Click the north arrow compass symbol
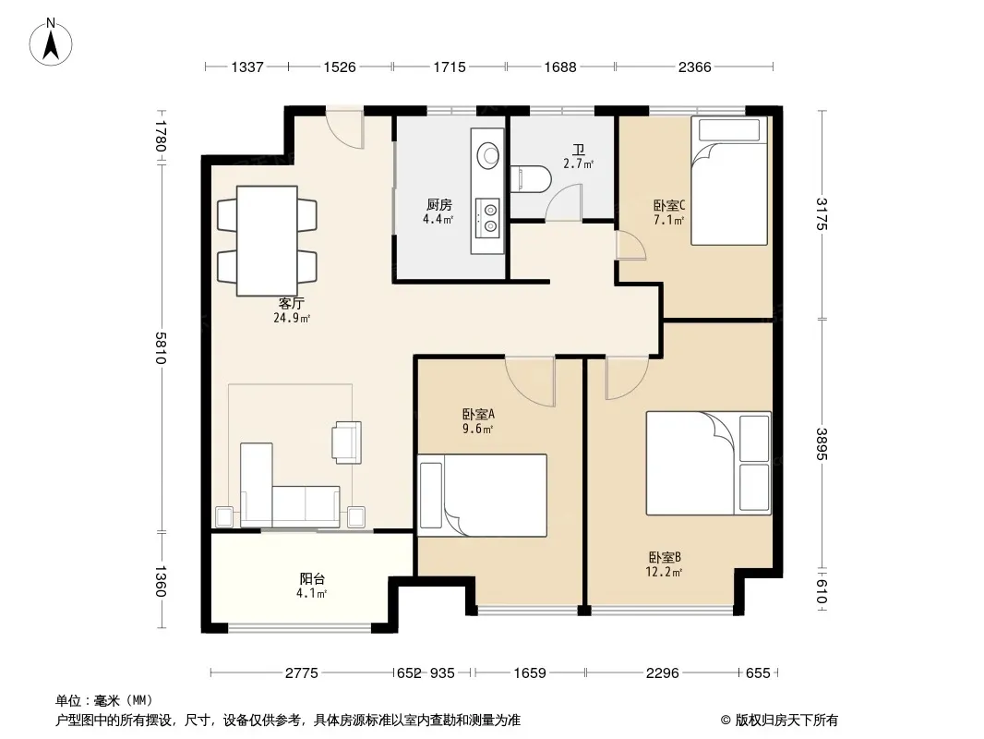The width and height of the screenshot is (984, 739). pyautogui.click(x=51, y=42)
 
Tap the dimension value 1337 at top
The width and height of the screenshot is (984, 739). pyautogui.click(x=247, y=67)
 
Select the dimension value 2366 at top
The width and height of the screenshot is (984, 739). pyautogui.click(x=695, y=67)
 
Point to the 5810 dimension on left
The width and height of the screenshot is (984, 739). pyautogui.click(x=161, y=348)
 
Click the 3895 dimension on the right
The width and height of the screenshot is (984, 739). pyautogui.click(x=822, y=443)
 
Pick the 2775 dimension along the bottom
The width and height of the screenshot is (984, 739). pyautogui.click(x=302, y=673)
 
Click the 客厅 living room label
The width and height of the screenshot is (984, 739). pyautogui.click(x=291, y=303)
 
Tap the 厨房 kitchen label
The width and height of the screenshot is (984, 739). pyautogui.click(x=439, y=205)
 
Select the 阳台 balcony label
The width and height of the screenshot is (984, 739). pyautogui.click(x=312, y=579)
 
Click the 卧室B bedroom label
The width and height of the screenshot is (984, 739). pyautogui.click(x=665, y=557)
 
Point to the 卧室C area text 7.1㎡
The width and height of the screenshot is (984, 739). pyautogui.click(x=668, y=220)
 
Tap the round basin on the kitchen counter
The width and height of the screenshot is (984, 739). pyautogui.click(x=487, y=155)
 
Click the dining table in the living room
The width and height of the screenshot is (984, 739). pyautogui.click(x=267, y=241)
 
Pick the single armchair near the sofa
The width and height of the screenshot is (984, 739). pyautogui.click(x=346, y=442)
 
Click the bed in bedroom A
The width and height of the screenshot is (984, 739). pyautogui.click(x=482, y=495)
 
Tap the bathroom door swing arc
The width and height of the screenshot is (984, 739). pyautogui.click(x=563, y=201)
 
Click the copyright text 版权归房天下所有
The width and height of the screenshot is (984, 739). pyautogui.click(x=786, y=721)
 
